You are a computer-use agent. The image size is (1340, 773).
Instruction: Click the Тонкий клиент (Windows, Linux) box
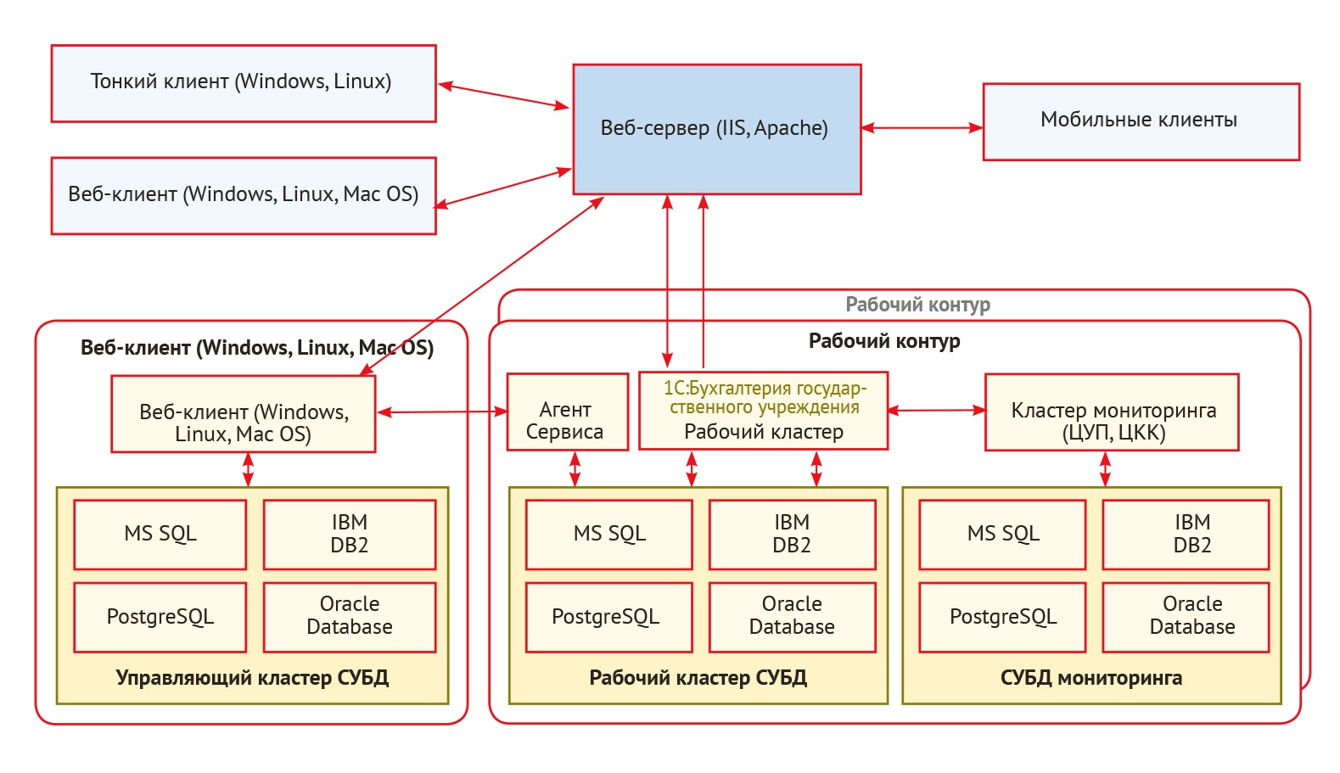click(x=244, y=83)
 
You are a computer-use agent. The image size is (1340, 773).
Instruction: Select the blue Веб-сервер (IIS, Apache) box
click(x=716, y=129)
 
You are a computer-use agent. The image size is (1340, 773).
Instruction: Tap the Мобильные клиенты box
click(x=1141, y=121)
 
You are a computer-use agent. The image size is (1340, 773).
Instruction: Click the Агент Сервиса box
click(x=566, y=412)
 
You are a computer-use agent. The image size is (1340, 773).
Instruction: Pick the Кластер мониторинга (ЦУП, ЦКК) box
click(x=1111, y=412)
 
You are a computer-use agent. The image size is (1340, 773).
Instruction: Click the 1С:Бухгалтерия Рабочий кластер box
click(x=763, y=411)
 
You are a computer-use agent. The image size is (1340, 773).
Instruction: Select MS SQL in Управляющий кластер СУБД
click(x=160, y=534)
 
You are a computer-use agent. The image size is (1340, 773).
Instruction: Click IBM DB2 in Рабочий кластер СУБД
click(x=791, y=534)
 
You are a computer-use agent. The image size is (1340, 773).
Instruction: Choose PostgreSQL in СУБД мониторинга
click(x=1002, y=617)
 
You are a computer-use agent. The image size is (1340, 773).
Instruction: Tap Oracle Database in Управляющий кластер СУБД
click(x=349, y=617)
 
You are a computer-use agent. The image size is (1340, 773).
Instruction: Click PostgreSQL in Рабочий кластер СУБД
click(x=608, y=617)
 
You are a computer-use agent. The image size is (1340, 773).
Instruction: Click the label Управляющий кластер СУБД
click(x=252, y=678)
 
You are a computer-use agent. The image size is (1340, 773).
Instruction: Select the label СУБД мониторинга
click(x=1091, y=678)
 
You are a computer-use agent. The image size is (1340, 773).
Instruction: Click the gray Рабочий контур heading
click(x=917, y=305)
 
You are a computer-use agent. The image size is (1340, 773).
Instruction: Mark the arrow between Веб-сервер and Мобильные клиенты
click(x=922, y=128)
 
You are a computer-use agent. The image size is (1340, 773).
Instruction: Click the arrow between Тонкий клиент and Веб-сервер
click(x=504, y=96)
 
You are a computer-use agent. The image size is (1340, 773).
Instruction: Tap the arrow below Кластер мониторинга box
click(x=1105, y=468)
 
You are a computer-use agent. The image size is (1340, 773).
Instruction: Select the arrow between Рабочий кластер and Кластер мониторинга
click(x=936, y=411)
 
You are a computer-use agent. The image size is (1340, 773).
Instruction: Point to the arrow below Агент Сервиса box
click(x=575, y=468)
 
